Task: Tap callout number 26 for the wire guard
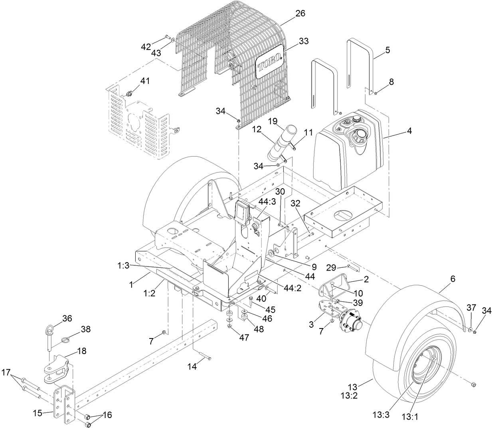(300, 14)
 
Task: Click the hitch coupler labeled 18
(56, 369)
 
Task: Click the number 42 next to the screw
(146, 46)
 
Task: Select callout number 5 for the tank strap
(387, 50)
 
